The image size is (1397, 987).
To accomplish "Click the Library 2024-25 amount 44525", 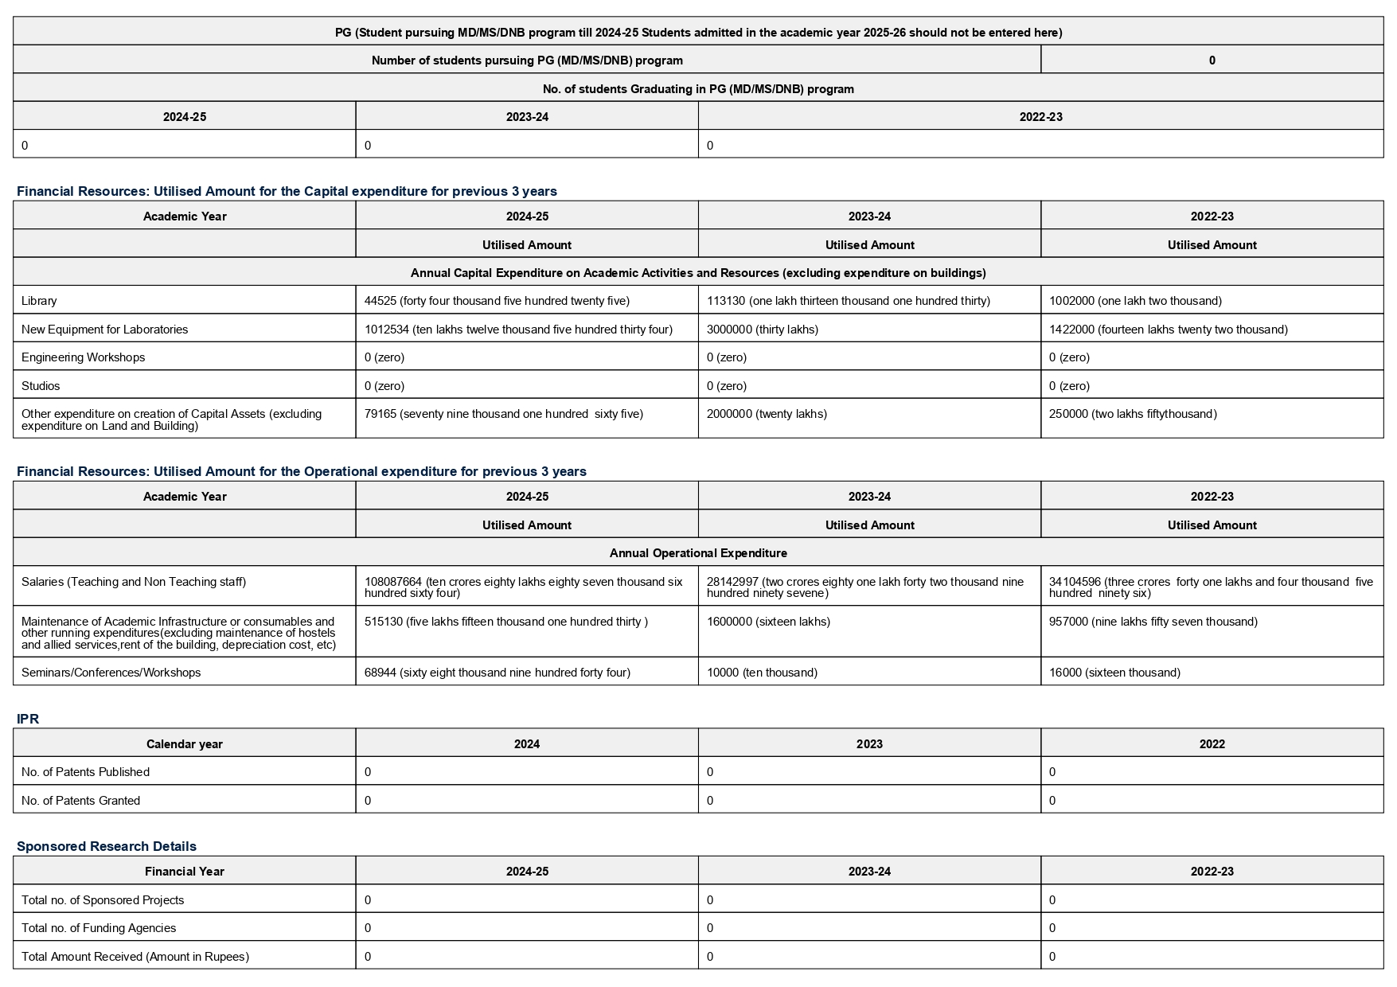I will coord(497,301).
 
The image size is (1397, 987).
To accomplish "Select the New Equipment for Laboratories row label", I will coord(104,330).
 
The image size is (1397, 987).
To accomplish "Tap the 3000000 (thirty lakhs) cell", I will coord(762,330).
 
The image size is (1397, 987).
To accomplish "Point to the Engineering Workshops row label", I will coord(83,357).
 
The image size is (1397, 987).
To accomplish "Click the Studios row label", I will coord(41,386).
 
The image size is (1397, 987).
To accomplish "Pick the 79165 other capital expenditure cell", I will coord(503,414).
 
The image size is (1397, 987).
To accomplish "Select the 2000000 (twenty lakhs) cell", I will coord(767,414).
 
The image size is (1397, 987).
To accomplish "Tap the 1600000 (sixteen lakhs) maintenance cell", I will coord(768,622).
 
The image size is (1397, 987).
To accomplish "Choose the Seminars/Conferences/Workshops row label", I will coord(111,673).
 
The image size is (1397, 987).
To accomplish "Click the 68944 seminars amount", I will coord(497,673).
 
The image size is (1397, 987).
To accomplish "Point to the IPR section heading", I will coord(28,719).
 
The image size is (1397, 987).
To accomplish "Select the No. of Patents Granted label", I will coord(80,801).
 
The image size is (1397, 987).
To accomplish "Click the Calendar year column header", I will coord(184,744).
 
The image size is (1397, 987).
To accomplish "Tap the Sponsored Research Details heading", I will coord(106,846).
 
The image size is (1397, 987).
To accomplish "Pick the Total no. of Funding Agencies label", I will coord(99,928).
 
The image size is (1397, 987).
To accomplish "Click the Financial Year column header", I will coord(184,872).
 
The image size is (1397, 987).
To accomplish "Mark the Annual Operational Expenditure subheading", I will coord(698,553).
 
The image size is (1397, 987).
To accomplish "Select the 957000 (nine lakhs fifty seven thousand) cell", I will coord(1153,622).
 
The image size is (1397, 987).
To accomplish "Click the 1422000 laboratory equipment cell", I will coord(1168,330).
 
